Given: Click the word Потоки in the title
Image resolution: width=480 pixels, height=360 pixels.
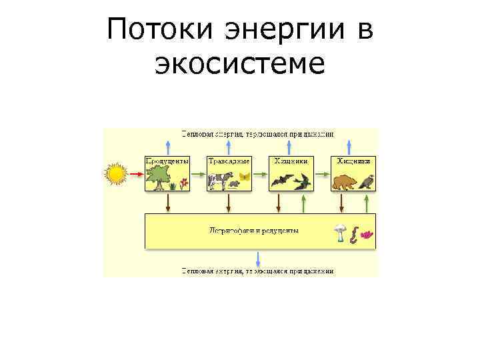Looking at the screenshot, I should (x=163, y=30).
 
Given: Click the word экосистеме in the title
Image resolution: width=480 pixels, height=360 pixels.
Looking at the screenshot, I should (x=240, y=64).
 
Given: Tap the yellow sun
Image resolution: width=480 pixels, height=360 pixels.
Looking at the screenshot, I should (x=116, y=174).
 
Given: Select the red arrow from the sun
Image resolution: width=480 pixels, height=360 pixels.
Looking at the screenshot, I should (x=135, y=174).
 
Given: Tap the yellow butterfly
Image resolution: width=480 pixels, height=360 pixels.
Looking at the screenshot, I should (x=244, y=177).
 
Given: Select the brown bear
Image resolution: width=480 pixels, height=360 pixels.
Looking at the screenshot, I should (x=344, y=181).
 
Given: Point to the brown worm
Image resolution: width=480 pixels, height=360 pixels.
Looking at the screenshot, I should (x=355, y=234).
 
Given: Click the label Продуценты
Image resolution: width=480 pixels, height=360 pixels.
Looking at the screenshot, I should (x=167, y=161).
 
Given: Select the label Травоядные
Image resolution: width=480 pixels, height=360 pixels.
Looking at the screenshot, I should (x=229, y=161).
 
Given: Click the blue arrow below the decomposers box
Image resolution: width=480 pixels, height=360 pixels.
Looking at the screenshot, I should (x=259, y=259).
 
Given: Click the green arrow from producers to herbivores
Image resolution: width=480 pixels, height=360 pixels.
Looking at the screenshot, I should (x=198, y=174).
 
